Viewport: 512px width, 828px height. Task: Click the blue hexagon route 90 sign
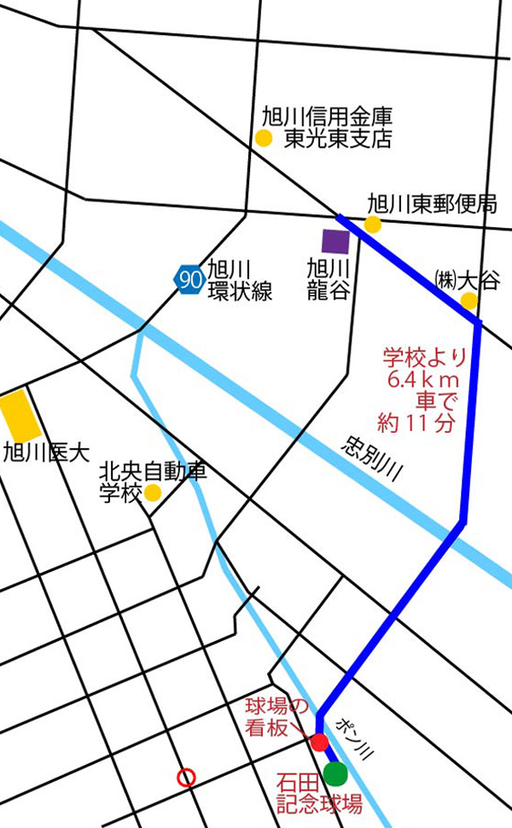[189, 278]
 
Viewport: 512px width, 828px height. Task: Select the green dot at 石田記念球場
[335, 773]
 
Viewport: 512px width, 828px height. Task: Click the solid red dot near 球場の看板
[319, 742]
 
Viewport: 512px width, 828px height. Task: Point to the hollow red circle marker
[186, 778]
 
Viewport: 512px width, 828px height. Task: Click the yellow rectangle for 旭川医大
[17, 417]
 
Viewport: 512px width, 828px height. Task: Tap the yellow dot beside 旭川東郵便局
[372, 224]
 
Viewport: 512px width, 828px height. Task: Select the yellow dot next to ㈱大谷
[468, 300]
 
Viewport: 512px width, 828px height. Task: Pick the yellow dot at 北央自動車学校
[152, 493]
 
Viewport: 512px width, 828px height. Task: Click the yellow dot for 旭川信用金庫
[264, 138]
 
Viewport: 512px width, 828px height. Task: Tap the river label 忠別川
[371, 461]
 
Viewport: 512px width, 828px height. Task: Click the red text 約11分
[416, 422]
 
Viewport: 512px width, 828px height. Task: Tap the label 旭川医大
[46, 453]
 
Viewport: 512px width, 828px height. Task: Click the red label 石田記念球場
[320, 792]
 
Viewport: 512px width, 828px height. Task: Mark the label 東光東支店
[338, 139]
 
